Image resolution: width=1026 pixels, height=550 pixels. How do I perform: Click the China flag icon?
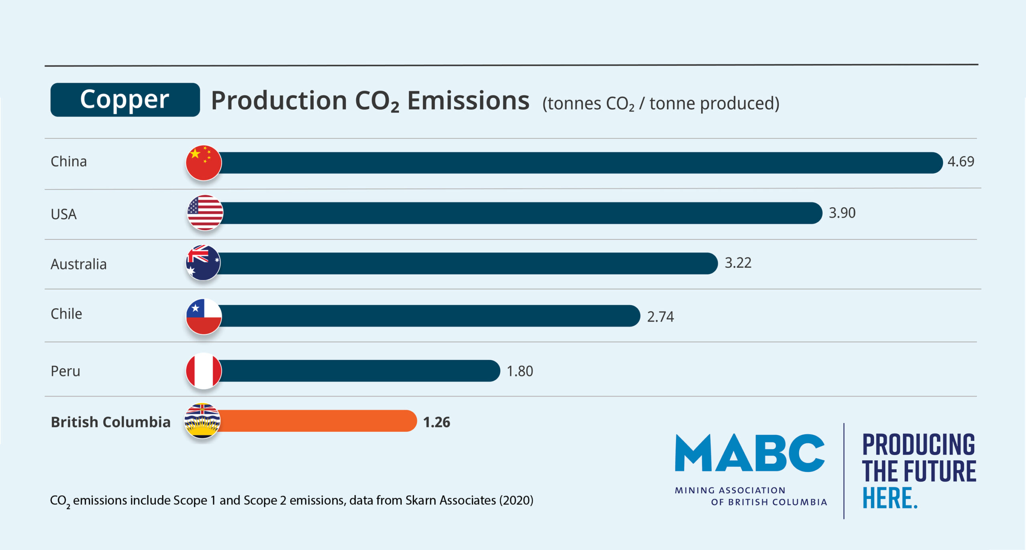204,163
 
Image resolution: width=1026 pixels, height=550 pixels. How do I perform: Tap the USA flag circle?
205,213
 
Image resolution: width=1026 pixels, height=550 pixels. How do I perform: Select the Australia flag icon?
203,263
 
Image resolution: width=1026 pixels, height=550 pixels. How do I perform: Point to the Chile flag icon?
204,316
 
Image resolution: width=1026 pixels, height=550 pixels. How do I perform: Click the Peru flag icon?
204,371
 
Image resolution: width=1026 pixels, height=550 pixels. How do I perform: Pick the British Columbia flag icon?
202,421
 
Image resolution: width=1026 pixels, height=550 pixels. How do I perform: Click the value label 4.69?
960,162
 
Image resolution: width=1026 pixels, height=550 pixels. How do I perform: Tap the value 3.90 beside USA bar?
842,213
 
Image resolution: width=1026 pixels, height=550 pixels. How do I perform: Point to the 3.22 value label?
738,263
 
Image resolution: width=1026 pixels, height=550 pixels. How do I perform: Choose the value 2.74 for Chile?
660,317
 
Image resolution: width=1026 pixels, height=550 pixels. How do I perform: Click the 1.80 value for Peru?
520,371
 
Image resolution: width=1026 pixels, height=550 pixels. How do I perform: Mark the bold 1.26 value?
436,422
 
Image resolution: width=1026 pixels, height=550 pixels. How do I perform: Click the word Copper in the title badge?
125,99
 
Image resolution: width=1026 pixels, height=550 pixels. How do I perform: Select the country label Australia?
79,264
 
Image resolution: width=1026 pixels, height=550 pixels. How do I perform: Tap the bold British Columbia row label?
111,422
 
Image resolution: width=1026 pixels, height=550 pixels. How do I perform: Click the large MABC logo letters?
749,453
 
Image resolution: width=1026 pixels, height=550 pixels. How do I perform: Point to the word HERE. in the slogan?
890,498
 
